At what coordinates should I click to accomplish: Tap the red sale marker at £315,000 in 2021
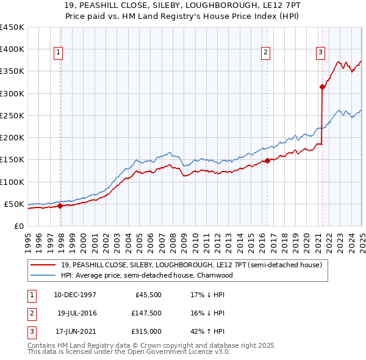click(x=322, y=87)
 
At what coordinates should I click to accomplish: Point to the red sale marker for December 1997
click(x=60, y=206)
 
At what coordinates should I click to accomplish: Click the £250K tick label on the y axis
click(x=12, y=115)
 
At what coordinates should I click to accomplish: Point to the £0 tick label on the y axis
click(x=19, y=226)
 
